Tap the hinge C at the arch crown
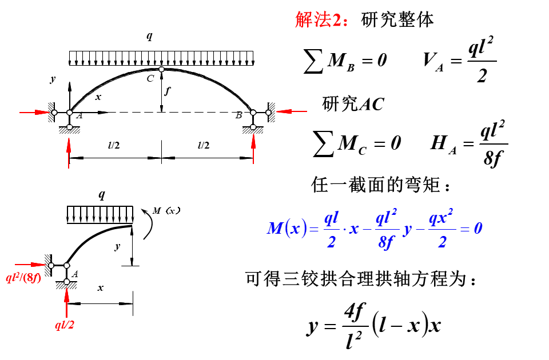click(161, 70)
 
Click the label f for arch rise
click(167, 90)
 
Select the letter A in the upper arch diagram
click(79, 116)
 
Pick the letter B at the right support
click(239, 116)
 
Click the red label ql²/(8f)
click(23, 279)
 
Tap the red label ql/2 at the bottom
click(64, 326)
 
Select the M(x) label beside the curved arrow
click(166, 210)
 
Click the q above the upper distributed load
click(149, 37)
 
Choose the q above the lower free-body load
click(102, 195)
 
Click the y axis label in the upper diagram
click(53, 79)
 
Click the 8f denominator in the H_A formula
click(492, 158)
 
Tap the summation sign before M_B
click(313, 61)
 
